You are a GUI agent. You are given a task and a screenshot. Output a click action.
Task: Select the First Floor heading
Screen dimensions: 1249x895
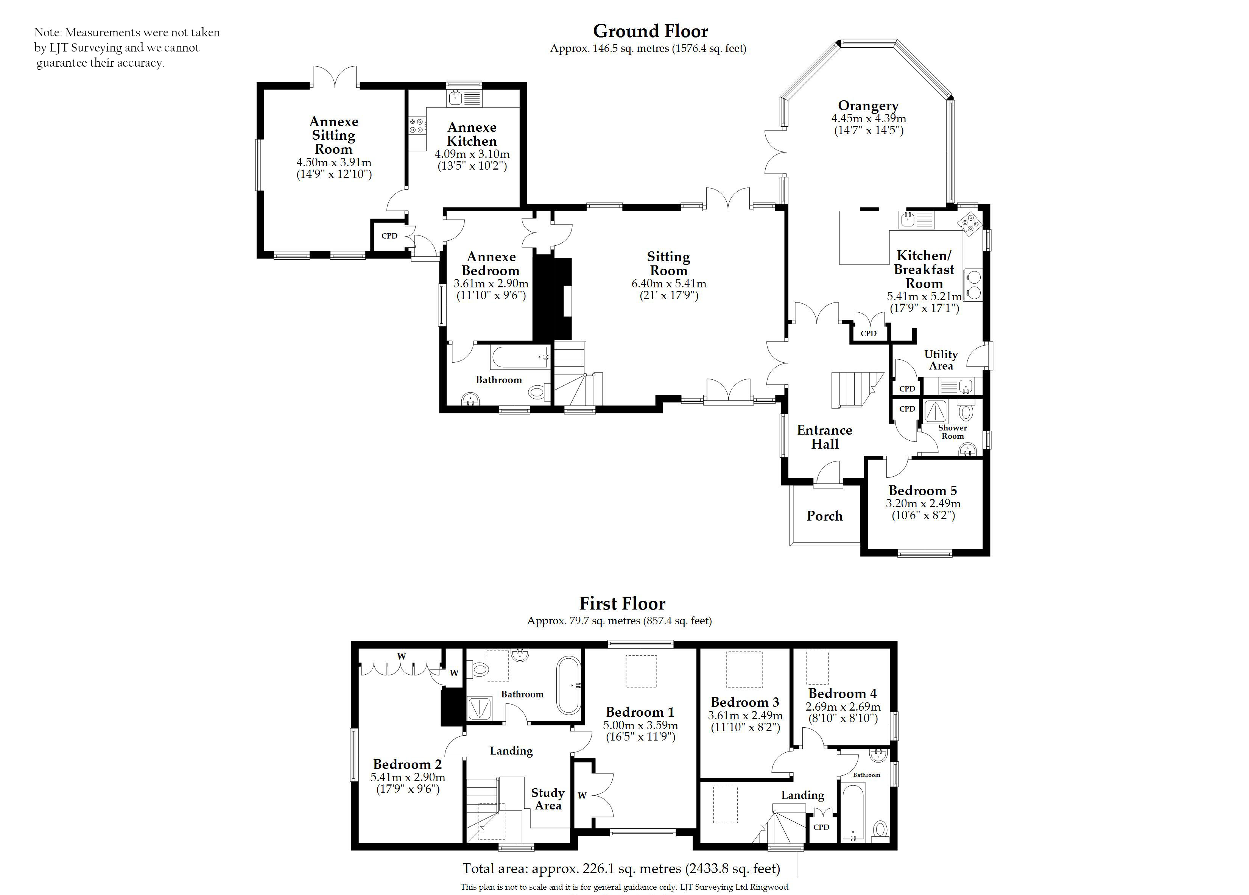(x=622, y=603)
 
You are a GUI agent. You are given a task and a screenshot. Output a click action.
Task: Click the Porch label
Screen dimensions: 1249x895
(x=824, y=516)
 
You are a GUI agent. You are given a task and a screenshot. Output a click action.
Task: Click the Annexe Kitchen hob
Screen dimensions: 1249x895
(x=417, y=126)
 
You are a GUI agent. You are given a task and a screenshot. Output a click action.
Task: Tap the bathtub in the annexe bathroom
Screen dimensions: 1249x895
(x=519, y=357)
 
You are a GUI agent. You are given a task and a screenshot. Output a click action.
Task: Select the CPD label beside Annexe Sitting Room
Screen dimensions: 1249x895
(x=389, y=236)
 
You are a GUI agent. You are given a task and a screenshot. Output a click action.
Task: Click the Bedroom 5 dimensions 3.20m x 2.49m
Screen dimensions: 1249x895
(x=923, y=504)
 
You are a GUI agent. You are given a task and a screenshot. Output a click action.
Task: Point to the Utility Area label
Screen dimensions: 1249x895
(x=941, y=360)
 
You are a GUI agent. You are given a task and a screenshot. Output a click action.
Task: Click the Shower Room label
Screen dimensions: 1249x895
(x=953, y=432)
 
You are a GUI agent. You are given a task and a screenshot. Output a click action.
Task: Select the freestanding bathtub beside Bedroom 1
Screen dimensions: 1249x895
(x=569, y=686)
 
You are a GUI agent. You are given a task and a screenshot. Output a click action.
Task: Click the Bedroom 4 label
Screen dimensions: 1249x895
(x=843, y=694)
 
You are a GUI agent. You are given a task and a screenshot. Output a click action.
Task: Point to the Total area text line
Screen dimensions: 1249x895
(x=621, y=868)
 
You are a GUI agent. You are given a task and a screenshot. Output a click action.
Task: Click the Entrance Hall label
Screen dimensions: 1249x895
(x=824, y=437)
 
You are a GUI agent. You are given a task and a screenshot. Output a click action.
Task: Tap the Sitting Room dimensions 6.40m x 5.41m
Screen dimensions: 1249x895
(x=668, y=284)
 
